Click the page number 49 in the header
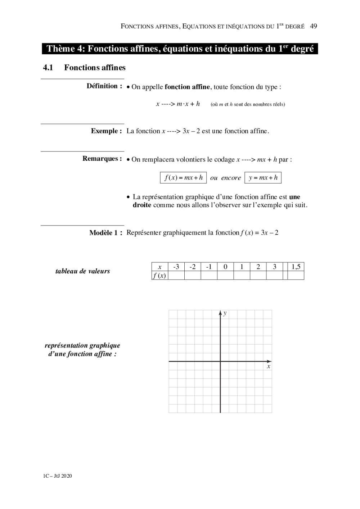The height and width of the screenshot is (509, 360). pyautogui.click(x=313, y=26)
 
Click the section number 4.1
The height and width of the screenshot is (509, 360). pyautogui.click(x=48, y=68)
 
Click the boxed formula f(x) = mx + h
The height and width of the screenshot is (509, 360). pyautogui.click(x=183, y=178)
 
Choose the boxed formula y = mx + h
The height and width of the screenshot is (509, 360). pyautogui.click(x=263, y=178)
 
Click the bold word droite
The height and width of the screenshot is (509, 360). pyautogui.click(x=142, y=205)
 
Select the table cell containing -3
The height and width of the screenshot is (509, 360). pyautogui.click(x=176, y=267)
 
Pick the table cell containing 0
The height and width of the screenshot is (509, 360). pyautogui.click(x=225, y=267)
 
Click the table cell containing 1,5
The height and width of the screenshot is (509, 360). pyautogui.click(x=296, y=267)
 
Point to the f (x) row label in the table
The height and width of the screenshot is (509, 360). pyautogui.click(x=159, y=276)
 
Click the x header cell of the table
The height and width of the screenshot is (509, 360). pyautogui.click(x=159, y=267)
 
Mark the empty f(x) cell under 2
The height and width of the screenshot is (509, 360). pyautogui.click(x=258, y=276)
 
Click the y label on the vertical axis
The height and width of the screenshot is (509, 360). pyautogui.click(x=225, y=313)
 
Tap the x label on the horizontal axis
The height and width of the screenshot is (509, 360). pyautogui.click(x=269, y=367)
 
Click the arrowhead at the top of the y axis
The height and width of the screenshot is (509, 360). pyautogui.click(x=220, y=312)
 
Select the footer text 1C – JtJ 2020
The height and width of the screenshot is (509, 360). pyautogui.click(x=57, y=476)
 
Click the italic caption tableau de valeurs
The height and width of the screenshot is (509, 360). pyautogui.click(x=82, y=271)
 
